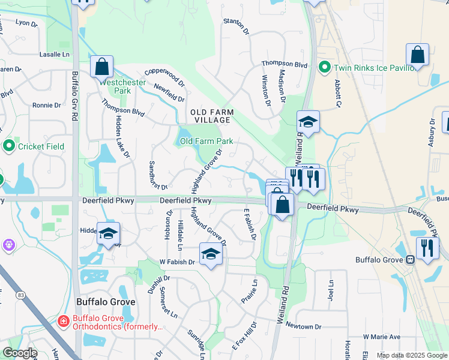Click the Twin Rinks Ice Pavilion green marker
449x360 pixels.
(325, 67)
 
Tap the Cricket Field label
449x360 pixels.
(41, 146)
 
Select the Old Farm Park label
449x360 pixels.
(206, 142)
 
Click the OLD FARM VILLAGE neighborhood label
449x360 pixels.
(211, 116)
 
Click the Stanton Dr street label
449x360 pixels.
(235, 26)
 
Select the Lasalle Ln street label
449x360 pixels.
(55, 55)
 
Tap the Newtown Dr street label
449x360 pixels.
(304, 326)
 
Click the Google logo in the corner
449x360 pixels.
(19, 353)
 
